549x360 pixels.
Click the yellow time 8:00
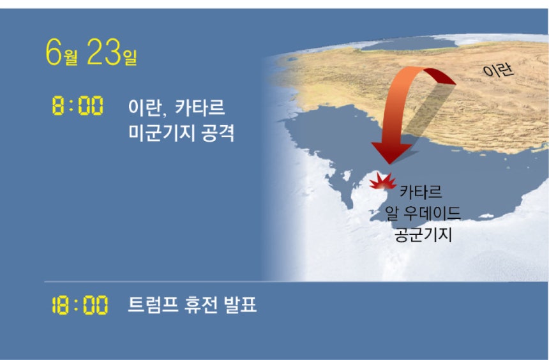click(x=78, y=105)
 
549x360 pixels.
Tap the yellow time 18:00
click(x=80, y=305)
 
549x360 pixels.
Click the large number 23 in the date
click(x=104, y=52)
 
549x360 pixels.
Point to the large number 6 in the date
click(x=54, y=52)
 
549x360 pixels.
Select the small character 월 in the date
click(x=71, y=57)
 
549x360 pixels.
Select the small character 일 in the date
click(x=130, y=57)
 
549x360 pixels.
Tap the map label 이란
click(x=498, y=70)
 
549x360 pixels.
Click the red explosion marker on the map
click(x=382, y=182)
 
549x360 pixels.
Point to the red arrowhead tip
click(x=389, y=163)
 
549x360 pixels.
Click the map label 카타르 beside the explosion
click(x=421, y=191)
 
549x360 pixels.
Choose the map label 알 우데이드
click(x=423, y=213)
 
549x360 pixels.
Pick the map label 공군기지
click(x=423, y=234)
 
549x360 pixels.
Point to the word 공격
click(x=218, y=133)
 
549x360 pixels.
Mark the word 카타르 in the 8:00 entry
click(x=200, y=107)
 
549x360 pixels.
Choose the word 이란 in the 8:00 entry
click(x=144, y=107)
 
